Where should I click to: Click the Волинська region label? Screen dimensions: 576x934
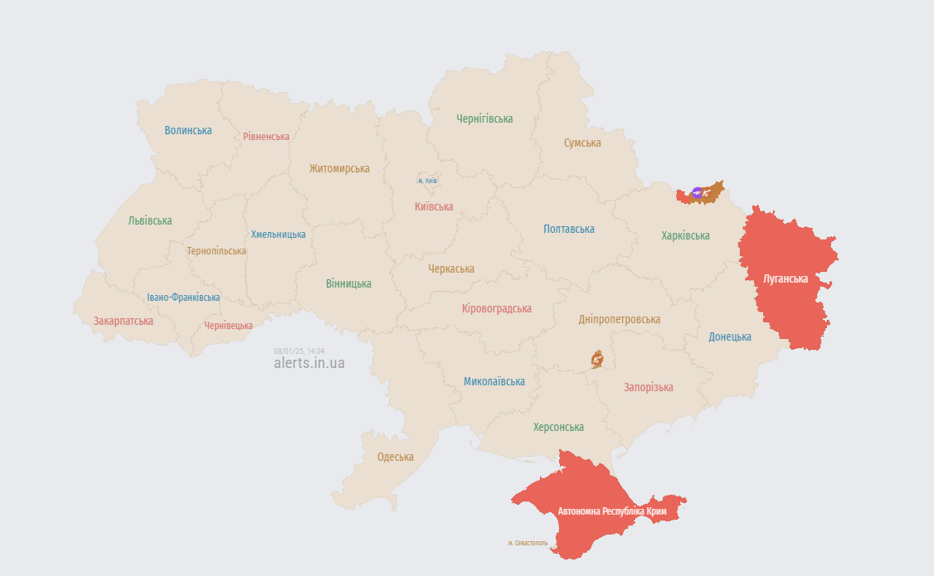point(188,130)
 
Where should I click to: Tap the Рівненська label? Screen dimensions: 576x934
point(266,136)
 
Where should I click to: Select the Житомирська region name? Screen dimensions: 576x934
point(339,168)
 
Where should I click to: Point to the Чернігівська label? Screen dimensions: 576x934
point(484,119)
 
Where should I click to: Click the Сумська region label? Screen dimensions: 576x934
point(582,143)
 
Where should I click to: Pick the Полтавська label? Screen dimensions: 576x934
point(569,229)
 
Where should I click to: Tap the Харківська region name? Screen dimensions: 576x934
point(685,235)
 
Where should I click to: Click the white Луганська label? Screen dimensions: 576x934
point(786,278)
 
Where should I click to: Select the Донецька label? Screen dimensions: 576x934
point(730,336)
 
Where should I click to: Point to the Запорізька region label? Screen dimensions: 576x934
point(649,387)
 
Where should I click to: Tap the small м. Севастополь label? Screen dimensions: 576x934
point(528,543)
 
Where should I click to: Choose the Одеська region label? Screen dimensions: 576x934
point(395,457)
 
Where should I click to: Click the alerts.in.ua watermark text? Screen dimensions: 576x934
point(309,363)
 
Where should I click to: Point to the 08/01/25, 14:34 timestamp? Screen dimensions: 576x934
point(299,351)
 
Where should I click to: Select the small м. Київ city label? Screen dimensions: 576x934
point(427,180)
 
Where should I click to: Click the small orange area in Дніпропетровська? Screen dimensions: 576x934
point(597,359)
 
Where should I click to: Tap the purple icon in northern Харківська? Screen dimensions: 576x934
point(697,193)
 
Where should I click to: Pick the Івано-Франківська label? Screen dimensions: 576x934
point(183,298)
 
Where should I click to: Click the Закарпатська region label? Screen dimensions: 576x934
point(123,321)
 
